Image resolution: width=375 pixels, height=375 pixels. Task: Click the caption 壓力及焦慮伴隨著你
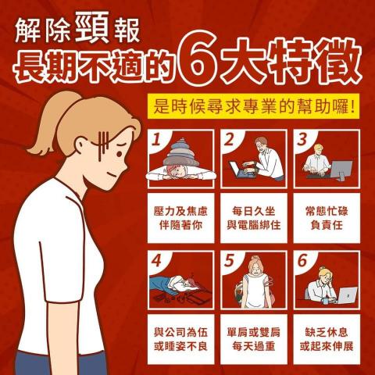click(x=180, y=216)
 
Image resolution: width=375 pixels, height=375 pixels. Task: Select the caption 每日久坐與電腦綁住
click(x=253, y=216)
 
